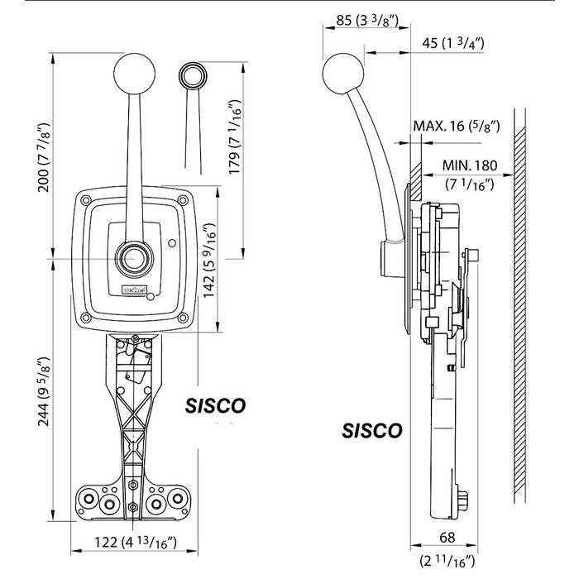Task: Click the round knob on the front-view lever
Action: pos(134,74)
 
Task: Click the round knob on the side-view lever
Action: pos(342,73)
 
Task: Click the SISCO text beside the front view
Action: pos(214,407)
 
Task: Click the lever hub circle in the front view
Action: pos(133,260)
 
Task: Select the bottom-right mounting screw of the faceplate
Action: pos(181,317)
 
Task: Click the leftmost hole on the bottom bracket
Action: pos(87,501)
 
